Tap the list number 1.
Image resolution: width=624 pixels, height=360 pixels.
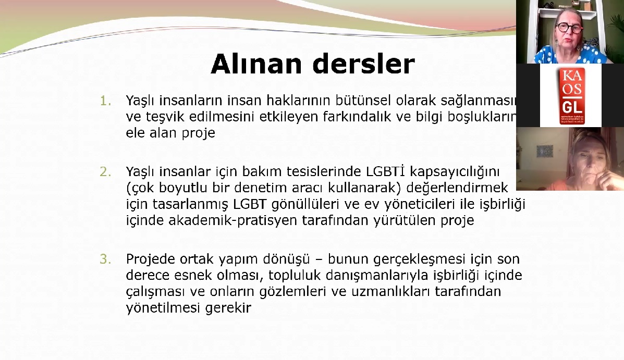[x=105, y=100]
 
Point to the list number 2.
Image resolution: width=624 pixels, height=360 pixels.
[x=106, y=171]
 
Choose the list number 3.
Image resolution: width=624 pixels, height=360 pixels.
[x=106, y=258]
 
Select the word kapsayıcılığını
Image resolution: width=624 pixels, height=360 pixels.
[x=455, y=171]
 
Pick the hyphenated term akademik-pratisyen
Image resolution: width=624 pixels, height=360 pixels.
[x=234, y=220]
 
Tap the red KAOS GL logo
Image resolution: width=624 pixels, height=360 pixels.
[x=570, y=95]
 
